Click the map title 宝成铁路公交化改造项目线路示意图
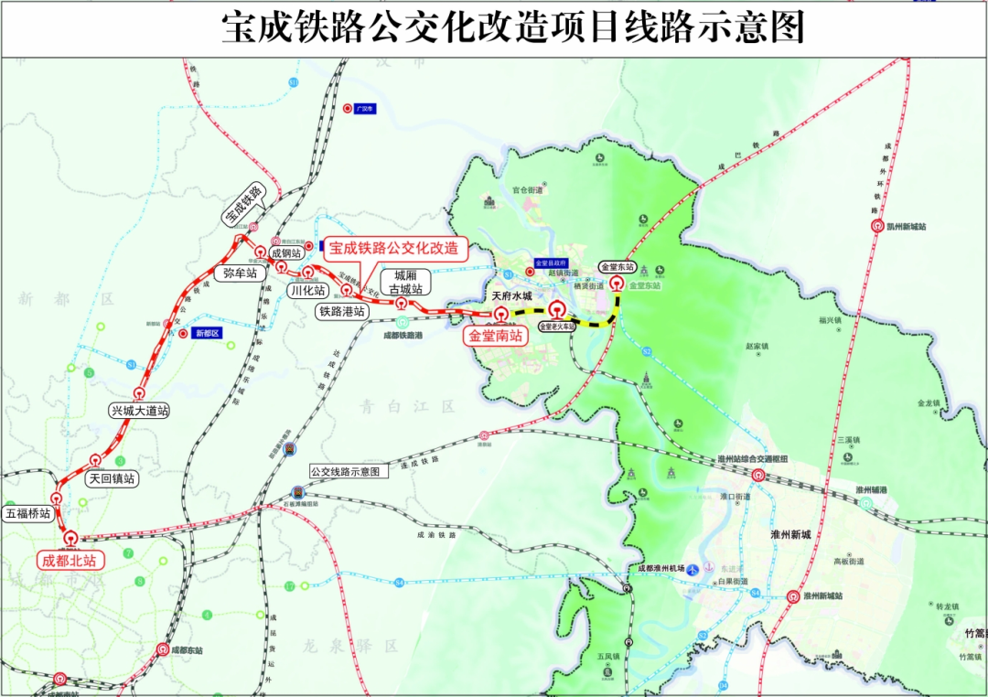[x=513, y=28]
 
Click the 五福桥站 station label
[x=27, y=513]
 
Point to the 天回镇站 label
[x=111, y=477]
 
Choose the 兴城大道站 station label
[x=138, y=411]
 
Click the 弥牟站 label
[x=240, y=273]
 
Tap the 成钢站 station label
[x=285, y=252]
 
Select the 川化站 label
[x=307, y=290]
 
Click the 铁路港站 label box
[x=342, y=311]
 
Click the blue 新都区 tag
[x=208, y=333]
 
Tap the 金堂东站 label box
[x=617, y=267]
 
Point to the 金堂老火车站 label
[x=557, y=326]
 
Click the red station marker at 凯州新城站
[x=876, y=226]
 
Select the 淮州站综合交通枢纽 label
[x=753, y=459]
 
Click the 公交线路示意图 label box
[x=344, y=472]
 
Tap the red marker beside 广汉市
[x=347, y=108]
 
